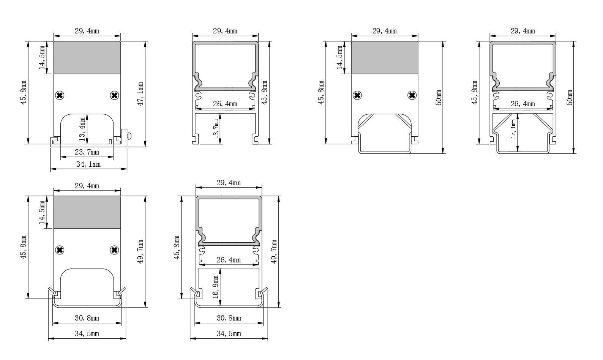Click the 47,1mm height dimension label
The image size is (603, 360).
point(140,94)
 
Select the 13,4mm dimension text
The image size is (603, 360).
point(82,129)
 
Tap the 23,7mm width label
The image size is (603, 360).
point(87,152)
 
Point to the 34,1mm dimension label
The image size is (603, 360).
point(88,164)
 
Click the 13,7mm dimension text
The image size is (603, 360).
point(216,129)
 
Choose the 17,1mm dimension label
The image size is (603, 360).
point(513,129)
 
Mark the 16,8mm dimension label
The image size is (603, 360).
point(215,287)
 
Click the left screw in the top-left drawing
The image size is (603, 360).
point(60,95)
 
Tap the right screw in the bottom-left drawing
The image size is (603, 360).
point(114,250)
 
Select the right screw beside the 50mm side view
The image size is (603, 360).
point(412,95)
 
